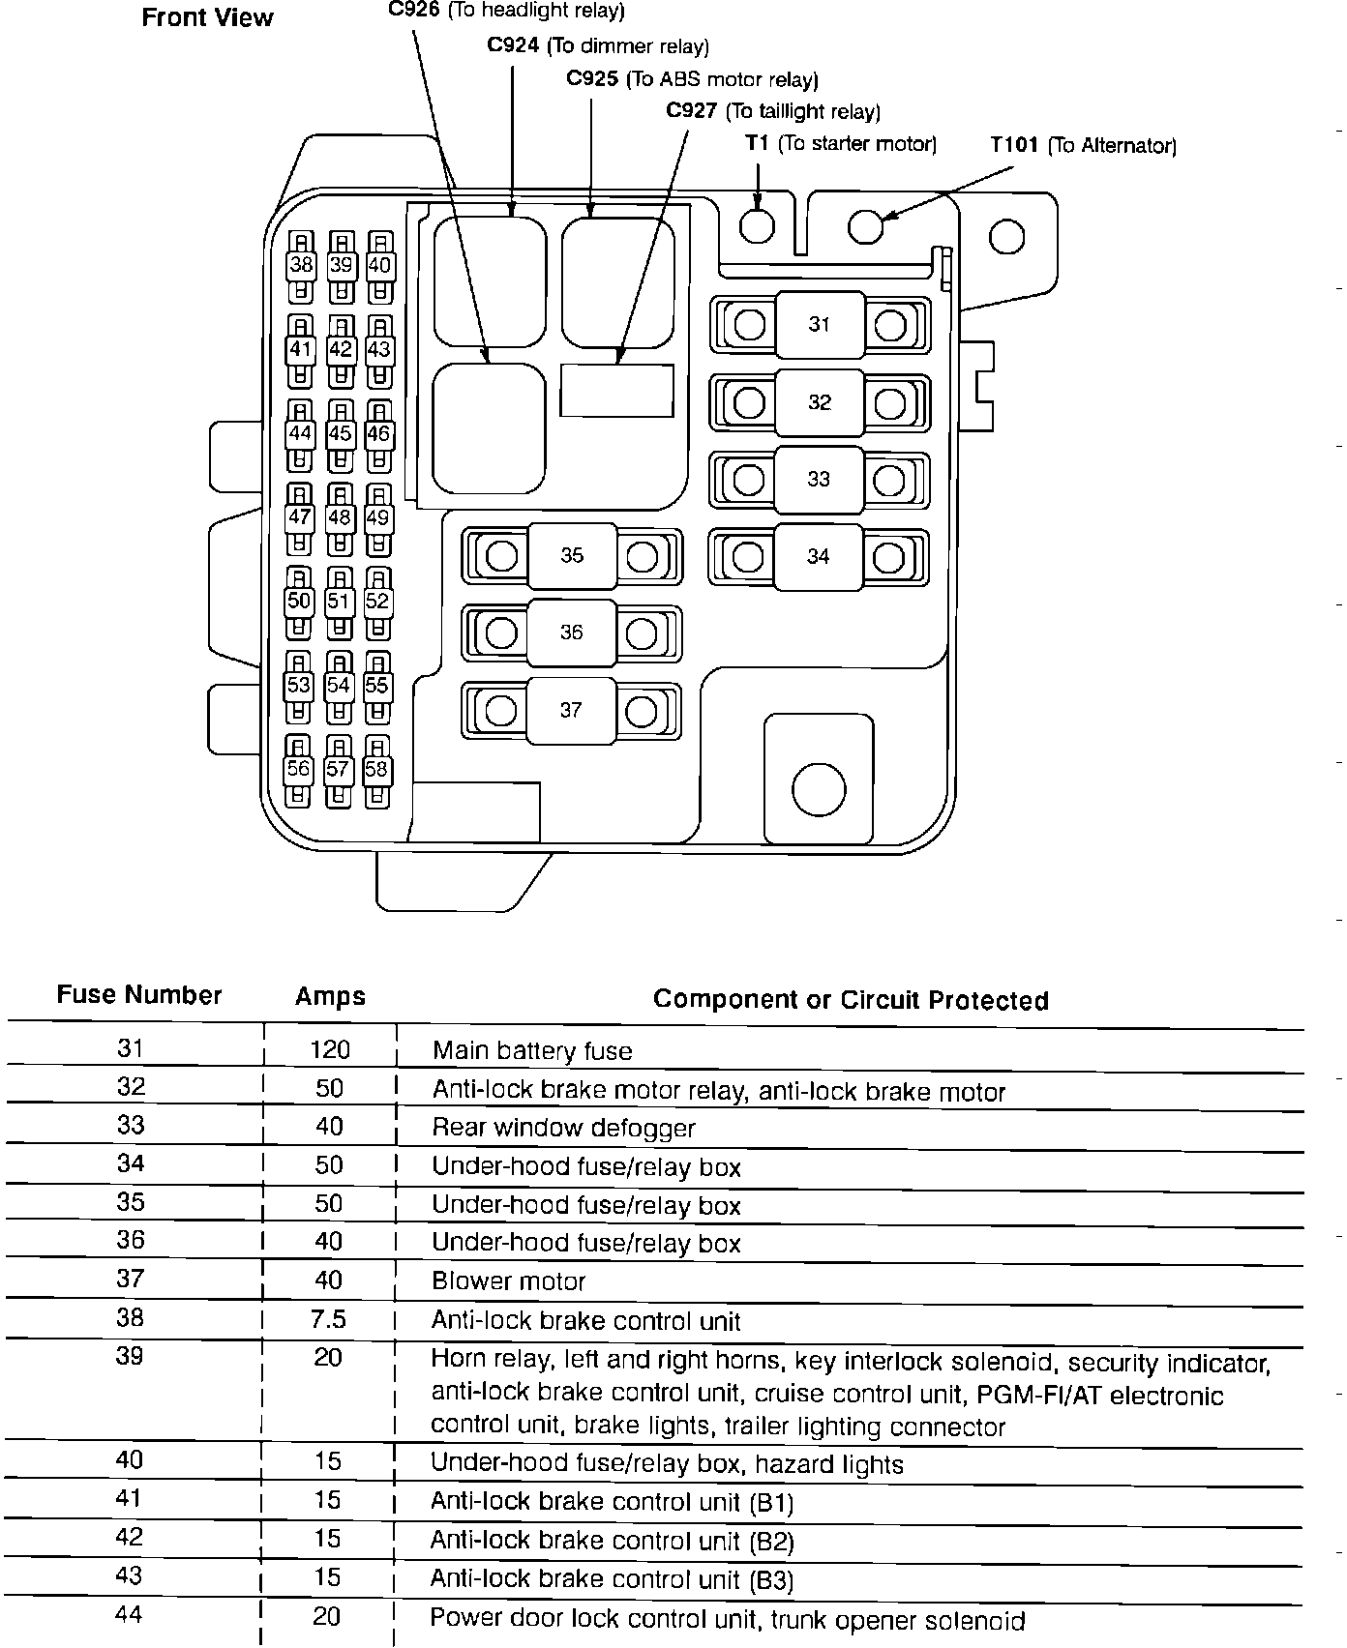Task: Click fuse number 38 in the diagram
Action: click(x=301, y=265)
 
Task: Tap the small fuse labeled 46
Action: click(x=378, y=434)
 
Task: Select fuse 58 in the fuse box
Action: click(x=376, y=770)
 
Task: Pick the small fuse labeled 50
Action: click(x=299, y=602)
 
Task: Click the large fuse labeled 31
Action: click(x=820, y=325)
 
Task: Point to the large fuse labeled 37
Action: click(x=571, y=710)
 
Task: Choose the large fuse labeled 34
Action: click(x=819, y=556)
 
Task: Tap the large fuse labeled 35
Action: click(x=572, y=555)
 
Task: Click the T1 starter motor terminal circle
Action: click(x=757, y=226)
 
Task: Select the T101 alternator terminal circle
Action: click(x=866, y=226)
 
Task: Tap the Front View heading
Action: click(x=207, y=17)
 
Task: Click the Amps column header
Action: click(x=330, y=997)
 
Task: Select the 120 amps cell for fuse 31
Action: click(x=329, y=1050)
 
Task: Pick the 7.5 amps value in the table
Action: click(x=329, y=1320)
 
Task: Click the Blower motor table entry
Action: click(x=509, y=1281)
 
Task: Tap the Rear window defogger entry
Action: click(x=563, y=1128)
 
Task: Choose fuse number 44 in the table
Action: click(x=129, y=1613)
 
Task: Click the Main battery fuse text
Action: click(x=532, y=1051)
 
